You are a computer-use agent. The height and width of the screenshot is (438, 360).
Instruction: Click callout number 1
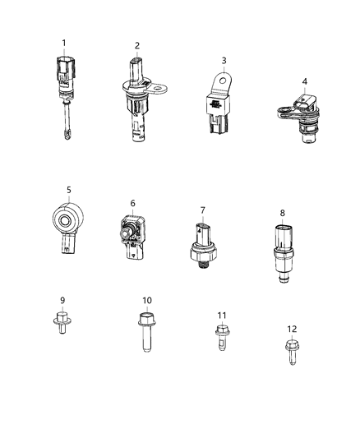tap(62, 42)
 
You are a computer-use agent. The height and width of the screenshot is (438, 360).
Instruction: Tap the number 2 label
tap(137, 45)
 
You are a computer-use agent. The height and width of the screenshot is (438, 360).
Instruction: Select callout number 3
tap(222, 61)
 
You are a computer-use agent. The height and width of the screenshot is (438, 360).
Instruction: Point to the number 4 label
tap(304, 81)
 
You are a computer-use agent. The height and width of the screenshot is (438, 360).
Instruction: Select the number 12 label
tap(292, 329)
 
